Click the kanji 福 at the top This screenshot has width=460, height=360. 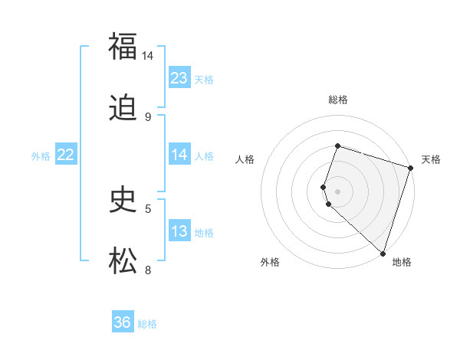tap(123, 46)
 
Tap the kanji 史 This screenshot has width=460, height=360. tap(123, 200)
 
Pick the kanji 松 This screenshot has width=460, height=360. tap(123, 260)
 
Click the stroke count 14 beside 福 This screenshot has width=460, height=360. tap(147, 56)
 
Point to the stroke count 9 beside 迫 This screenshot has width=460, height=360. tap(147, 117)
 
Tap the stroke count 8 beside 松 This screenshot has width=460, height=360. tap(148, 270)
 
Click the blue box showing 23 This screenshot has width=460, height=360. tap(179, 77)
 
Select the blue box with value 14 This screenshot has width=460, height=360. tap(179, 155)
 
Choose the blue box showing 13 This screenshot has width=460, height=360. tap(179, 231)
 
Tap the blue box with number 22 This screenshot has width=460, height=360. tap(66, 155)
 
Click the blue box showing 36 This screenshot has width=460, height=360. tap(123, 322)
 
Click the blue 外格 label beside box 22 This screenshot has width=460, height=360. tap(40, 155)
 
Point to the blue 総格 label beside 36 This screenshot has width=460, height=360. tap(147, 324)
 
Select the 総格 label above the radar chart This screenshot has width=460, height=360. tap(337, 100)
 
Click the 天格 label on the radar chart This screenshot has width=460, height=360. tap(431, 159)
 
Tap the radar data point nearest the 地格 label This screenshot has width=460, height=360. tap(383, 253)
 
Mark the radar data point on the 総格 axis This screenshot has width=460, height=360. tap(337, 146)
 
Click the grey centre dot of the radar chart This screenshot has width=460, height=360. tap(337, 191)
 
